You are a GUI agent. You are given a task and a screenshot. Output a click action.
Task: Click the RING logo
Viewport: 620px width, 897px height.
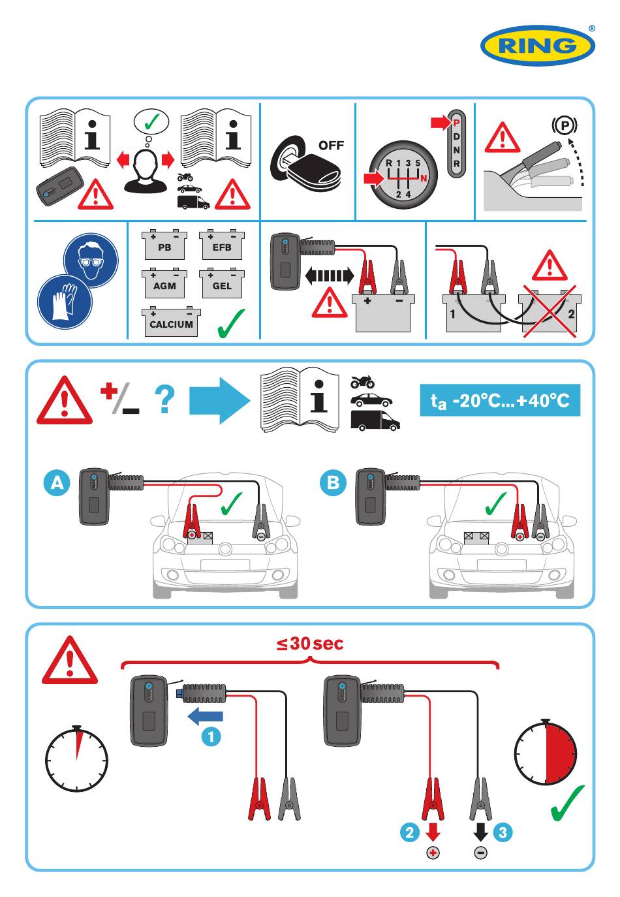[x=538, y=45]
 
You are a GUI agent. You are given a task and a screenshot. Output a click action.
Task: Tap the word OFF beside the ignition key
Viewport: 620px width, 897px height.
[x=331, y=146]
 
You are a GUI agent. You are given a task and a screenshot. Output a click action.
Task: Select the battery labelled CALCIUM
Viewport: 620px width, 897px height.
[x=171, y=322]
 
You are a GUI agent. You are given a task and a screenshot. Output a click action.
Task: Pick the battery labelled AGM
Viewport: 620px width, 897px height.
[x=164, y=283]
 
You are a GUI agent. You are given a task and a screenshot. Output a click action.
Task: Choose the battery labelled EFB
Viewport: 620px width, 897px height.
[x=222, y=245]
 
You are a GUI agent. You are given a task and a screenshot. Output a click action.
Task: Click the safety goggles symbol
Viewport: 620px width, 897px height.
[x=91, y=260]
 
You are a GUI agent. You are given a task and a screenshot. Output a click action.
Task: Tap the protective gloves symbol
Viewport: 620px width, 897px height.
[x=65, y=302]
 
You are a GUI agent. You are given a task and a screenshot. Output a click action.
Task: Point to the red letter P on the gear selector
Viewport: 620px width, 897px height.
[x=457, y=123]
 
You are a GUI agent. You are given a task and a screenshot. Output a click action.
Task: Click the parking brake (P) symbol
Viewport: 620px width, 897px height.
[x=565, y=126]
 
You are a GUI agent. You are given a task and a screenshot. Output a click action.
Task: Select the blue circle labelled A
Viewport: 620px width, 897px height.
[x=57, y=482]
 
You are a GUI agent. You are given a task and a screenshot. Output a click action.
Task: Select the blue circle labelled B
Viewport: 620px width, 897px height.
[x=333, y=482]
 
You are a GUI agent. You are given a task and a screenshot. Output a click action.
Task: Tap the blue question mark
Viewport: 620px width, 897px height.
[x=164, y=400]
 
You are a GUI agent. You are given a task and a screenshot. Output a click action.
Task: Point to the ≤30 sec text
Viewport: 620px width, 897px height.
[x=310, y=644]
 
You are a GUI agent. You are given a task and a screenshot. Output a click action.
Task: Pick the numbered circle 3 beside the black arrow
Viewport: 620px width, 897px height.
[x=503, y=832]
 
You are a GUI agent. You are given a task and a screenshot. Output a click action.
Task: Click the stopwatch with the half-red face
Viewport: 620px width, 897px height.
[x=546, y=753]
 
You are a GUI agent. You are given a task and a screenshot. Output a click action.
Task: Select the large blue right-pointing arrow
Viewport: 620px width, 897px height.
[x=219, y=400]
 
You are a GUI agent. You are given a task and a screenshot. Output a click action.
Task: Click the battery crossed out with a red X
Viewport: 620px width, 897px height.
[x=550, y=311]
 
